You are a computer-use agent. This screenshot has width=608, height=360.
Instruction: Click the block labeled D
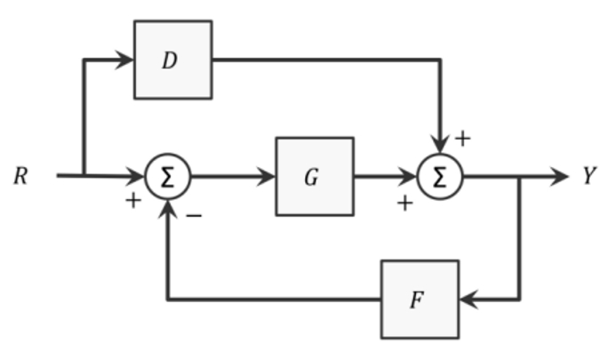click(172, 60)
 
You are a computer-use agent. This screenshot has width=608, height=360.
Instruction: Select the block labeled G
click(314, 176)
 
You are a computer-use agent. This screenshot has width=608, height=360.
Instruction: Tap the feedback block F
click(420, 299)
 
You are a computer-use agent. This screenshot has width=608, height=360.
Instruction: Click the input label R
click(21, 176)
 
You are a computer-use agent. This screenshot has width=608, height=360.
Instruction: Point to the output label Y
click(588, 176)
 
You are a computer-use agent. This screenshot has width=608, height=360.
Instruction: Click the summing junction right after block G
click(441, 176)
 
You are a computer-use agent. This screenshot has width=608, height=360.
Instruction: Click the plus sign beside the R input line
click(132, 202)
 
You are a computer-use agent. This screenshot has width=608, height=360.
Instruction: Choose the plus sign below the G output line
click(405, 204)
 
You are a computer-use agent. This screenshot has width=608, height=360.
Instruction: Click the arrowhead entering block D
click(125, 60)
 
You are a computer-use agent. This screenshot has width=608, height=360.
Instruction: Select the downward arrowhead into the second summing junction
click(441, 146)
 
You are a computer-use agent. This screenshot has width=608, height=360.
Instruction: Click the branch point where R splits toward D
click(83, 176)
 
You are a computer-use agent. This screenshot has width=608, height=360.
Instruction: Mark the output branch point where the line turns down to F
click(520, 176)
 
